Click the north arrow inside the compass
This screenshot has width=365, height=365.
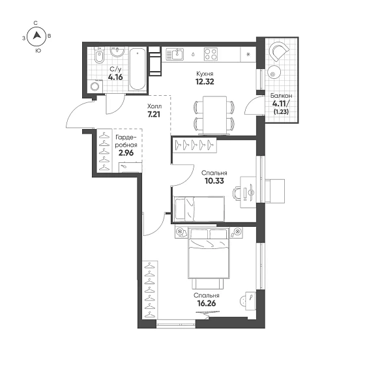[37, 35]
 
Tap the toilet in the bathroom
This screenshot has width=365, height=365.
[100, 55]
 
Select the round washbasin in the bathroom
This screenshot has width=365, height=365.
[117, 51]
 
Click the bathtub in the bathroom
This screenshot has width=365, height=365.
[138, 68]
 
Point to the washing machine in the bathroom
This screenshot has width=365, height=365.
[95, 86]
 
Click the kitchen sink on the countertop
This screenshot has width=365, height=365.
[175, 54]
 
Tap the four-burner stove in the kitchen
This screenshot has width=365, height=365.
[211, 54]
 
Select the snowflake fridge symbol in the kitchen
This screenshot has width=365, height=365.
[248, 55]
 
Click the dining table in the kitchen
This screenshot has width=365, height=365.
[214, 115]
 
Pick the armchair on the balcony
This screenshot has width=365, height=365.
[279, 51]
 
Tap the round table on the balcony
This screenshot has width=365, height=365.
[274, 72]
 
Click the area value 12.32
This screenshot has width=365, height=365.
[205, 81]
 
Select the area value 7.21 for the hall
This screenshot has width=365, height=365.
[154, 114]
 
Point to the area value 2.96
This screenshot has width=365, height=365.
[126, 153]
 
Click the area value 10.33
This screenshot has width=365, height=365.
[214, 181]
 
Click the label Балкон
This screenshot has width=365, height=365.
[281, 96]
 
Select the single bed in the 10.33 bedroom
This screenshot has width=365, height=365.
[199, 209]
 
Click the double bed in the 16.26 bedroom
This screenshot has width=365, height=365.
[209, 254]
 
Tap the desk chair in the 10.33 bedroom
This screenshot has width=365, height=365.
[237, 194]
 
